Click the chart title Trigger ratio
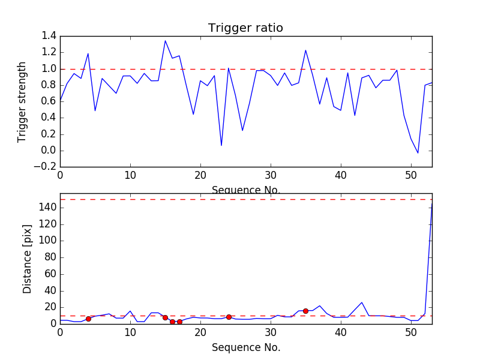coord(245,28)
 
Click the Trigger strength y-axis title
coord(22,101)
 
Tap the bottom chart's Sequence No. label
coord(245,347)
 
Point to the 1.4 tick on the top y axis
coord(49,36)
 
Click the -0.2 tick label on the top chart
coord(47,167)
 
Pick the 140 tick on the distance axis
coord(48,208)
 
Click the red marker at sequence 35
coord(305,311)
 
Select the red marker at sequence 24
coord(229,317)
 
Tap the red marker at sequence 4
coord(88,319)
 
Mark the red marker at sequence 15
coord(165,317)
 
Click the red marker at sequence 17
coord(179,322)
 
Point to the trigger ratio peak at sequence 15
coord(165,41)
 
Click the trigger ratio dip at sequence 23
coord(221,145)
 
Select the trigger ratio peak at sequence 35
coord(305,50)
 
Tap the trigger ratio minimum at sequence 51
coord(418,153)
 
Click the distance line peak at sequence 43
coord(362,302)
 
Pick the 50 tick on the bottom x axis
coord(411,333)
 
